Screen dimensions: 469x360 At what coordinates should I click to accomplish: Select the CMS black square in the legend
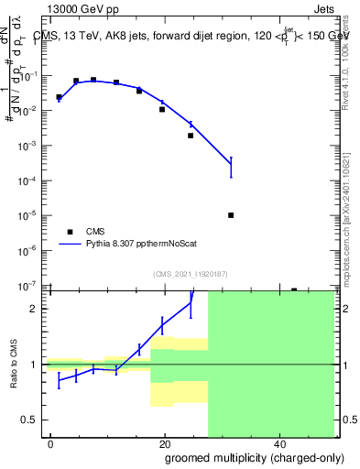[x=70, y=232]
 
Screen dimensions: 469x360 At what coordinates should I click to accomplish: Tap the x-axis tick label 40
[x=278, y=443]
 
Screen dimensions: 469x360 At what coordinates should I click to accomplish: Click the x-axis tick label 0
[x=51, y=443]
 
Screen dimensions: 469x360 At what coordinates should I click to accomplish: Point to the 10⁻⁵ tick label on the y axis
[x=29, y=216]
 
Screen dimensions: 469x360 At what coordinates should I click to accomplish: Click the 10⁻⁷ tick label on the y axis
[x=29, y=286]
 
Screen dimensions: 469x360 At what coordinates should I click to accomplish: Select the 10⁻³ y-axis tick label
[x=29, y=147]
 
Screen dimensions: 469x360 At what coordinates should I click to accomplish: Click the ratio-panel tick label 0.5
[x=35, y=420]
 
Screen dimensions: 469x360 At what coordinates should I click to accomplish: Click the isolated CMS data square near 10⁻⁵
[x=231, y=215]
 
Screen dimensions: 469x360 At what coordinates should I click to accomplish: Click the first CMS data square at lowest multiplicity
[x=59, y=96]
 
